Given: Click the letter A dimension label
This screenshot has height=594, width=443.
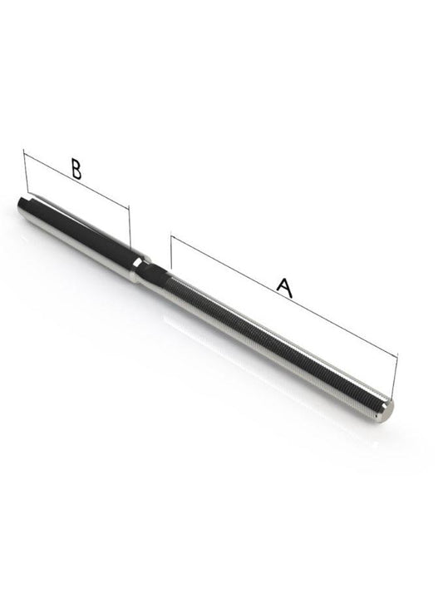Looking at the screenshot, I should click(284, 288).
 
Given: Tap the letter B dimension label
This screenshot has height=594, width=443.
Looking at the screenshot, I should click(76, 170).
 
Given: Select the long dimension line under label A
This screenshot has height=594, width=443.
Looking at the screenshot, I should click(283, 299).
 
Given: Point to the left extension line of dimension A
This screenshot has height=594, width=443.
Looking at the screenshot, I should click(170, 255).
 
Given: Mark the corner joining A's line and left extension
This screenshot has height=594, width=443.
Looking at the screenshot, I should click(171, 237).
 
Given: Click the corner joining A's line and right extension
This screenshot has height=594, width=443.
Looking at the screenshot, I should click(397, 355).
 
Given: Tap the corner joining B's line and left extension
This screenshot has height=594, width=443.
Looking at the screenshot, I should click(25, 152).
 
